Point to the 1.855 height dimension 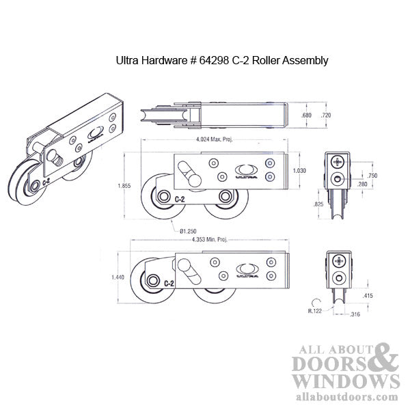124,185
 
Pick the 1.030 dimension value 299,170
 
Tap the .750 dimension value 372,176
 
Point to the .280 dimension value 363,184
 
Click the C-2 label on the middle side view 180,199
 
